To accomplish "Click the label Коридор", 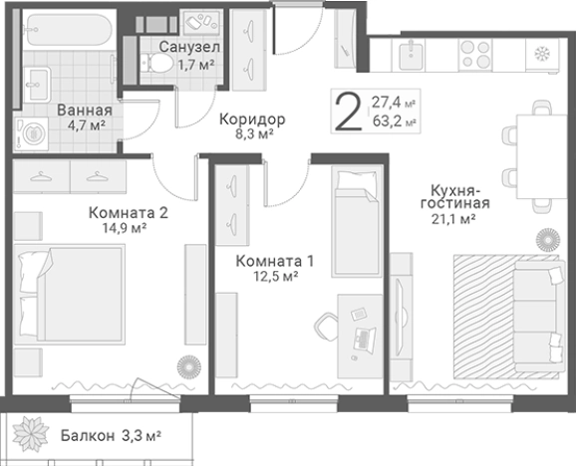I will point(252,119).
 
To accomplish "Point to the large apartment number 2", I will point(348,112).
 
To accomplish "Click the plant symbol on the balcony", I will point(32,434).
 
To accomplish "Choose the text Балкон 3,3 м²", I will point(110,435).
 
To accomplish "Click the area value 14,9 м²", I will point(126,227).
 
